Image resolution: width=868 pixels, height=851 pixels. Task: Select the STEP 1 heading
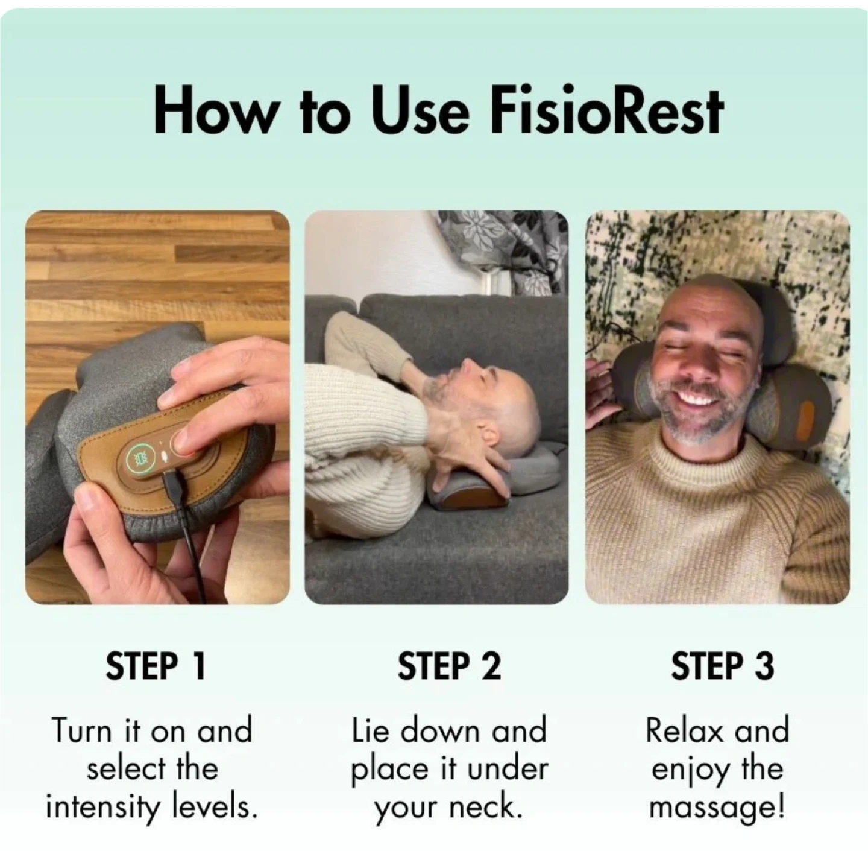point(156,666)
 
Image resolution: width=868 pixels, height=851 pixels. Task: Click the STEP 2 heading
point(449,666)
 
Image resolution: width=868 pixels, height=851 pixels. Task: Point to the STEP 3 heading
point(723,666)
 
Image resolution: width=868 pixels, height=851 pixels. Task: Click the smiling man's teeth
point(698,399)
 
